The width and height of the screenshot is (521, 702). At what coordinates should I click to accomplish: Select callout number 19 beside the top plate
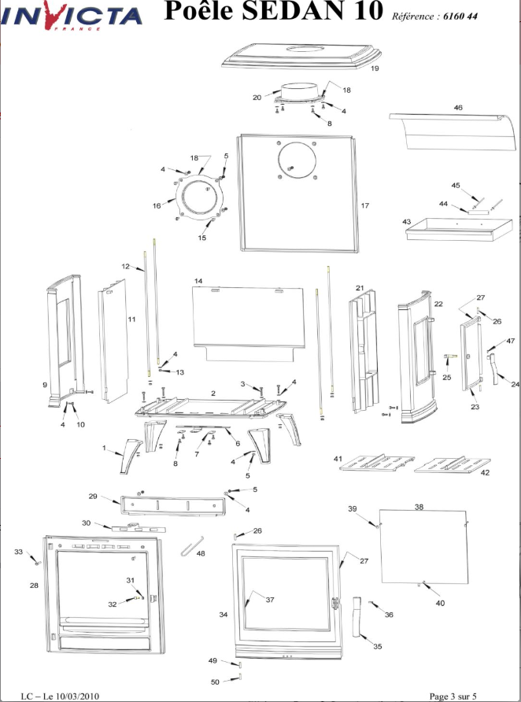(x=375, y=69)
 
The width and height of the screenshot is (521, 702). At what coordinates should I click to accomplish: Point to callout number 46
(x=457, y=106)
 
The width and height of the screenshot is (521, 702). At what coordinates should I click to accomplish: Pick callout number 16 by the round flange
(x=157, y=205)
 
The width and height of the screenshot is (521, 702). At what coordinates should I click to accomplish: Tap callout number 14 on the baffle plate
(x=198, y=281)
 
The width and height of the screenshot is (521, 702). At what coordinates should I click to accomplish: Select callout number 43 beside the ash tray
(x=407, y=222)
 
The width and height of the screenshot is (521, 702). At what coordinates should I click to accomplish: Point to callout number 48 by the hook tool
(x=200, y=554)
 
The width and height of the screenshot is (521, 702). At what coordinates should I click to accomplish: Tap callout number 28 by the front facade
(x=34, y=586)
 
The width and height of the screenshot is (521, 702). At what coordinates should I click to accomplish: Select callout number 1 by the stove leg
(x=103, y=448)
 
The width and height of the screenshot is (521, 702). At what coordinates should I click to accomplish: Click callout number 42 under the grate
(x=485, y=473)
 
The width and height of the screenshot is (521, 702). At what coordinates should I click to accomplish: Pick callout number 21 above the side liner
(x=360, y=288)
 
